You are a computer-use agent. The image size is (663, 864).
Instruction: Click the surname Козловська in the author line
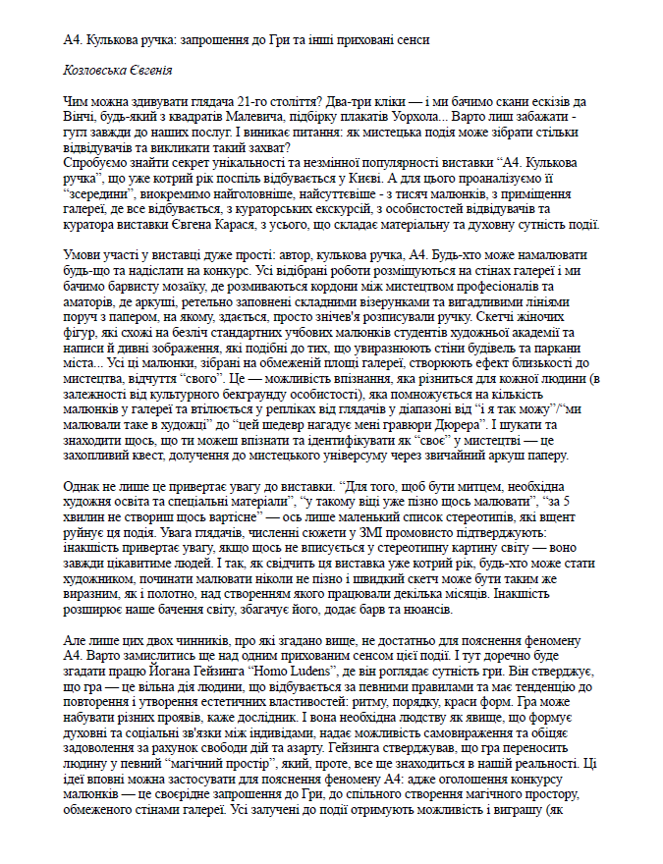point(95,71)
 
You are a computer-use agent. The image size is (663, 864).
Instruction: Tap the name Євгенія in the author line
point(152,71)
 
